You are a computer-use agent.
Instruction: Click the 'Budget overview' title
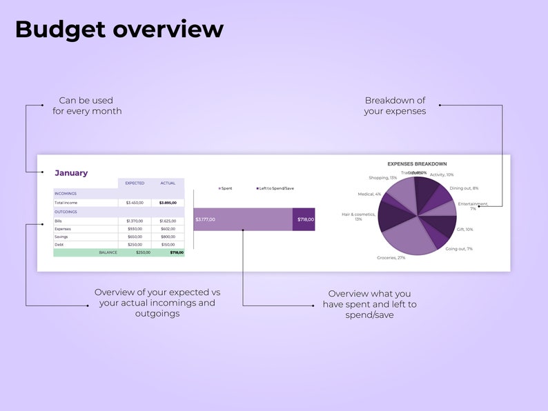click(x=119, y=29)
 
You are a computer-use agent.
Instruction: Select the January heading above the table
click(x=71, y=173)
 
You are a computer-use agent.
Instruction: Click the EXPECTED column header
click(x=135, y=183)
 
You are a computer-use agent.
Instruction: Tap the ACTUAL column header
click(x=168, y=183)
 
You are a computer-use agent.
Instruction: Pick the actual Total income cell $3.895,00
click(x=168, y=203)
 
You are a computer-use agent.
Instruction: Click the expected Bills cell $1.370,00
click(x=135, y=221)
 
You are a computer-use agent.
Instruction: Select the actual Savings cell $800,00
click(x=168, y=237)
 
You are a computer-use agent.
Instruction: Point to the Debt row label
click(x=59, y=245)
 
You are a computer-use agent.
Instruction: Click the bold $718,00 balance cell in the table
click(x=177, y=253)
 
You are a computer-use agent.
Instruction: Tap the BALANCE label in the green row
click(x=108, y=253)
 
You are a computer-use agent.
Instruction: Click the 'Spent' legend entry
click(x=226, y=188)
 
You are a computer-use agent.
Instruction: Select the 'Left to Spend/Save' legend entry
click(x=276, y=188)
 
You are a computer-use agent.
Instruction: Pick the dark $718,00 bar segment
click(x=304, y=219)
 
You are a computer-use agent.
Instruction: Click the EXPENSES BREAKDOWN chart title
click(x=417, y=164)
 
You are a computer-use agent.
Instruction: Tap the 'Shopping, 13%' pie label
click(x=383, y=179)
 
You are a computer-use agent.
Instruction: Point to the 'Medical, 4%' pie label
click(x=369, y=194)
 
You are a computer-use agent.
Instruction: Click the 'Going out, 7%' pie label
click(x=459, y=248)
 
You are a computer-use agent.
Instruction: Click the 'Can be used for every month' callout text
click(x=87, y=106)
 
